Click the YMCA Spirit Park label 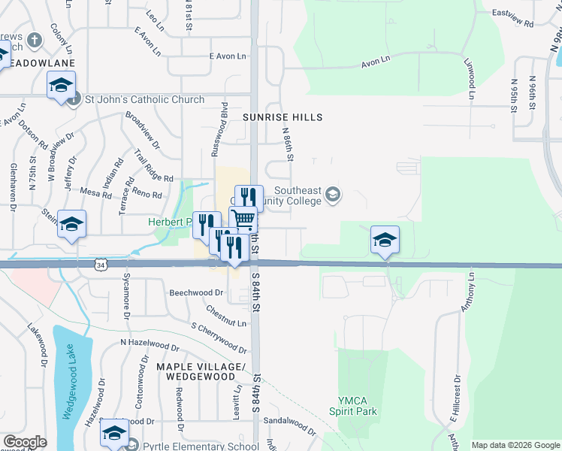pos(352,405)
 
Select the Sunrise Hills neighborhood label pos(283,117)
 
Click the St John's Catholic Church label pos(144,99)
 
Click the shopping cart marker pos(243,219)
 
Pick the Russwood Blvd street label pos(219,129)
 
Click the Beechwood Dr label pos(197,292)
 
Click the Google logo pos(25,442)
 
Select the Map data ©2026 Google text pos(515,445)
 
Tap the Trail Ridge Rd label pos(154,165)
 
